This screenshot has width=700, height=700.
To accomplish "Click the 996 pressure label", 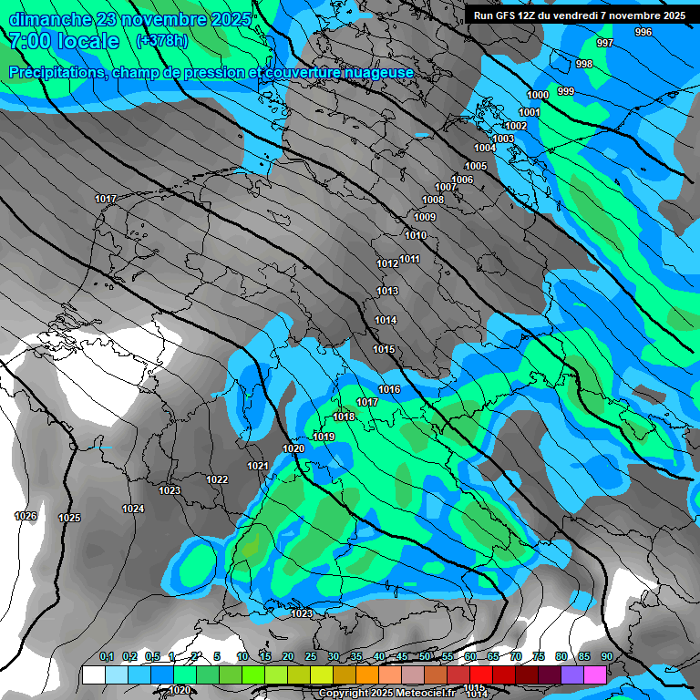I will [x=643, y=32].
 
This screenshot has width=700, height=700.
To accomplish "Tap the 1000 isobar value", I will [x=538, y=96].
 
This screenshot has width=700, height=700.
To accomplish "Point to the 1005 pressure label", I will [x=476, y=166].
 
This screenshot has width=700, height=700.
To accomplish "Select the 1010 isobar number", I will [x=416, y=236].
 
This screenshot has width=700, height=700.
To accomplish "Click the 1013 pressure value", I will [x=387, y=292].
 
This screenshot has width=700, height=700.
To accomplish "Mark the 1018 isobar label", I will [x=344, y=417].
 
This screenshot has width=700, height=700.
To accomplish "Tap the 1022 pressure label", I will [x=217, y=479].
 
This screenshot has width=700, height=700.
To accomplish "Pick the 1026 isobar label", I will [x=26, y=517].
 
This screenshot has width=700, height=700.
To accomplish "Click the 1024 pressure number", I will [x=133, y=509].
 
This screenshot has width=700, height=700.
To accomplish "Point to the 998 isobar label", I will [x=584, y=64].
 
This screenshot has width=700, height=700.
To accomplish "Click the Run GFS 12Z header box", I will [x=580, y=15].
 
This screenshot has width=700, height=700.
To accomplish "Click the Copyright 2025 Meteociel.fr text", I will [x=386, y=694].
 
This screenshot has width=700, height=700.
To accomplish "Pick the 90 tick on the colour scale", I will [x=606, y=657].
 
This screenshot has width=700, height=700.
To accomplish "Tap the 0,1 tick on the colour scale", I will [x=107, y=657].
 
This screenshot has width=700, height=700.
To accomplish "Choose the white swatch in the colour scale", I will [x=93, y=674].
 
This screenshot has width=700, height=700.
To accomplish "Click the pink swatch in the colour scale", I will [x=594, y=674].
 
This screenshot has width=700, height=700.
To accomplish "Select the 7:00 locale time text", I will [x=62, y=42].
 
